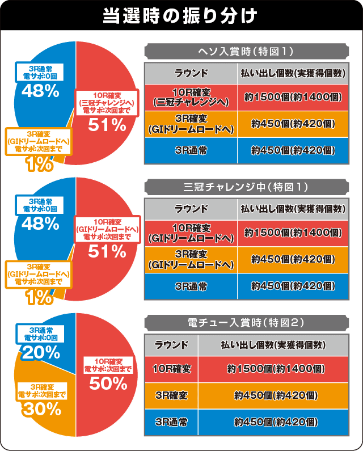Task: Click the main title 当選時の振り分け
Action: pyautogui.click(x=181, y=15)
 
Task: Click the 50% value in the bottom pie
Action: pyautogui.click(x=107, y=383)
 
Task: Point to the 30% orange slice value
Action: pyautogui.click(x=41, y=408)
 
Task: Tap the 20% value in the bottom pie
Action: pyautogui.click(x=41, y=352)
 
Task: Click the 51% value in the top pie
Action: pyautogui.click(x=107, y=125)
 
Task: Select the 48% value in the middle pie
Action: pyautogui.click(x=41, y=224)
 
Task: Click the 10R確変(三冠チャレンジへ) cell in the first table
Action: pyautogui.click(x=191, y=97)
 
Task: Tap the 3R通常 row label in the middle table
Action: pyautogui.click(x=191, y=286)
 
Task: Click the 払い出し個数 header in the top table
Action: pyautogui.click(x=293, y=73)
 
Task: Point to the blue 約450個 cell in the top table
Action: pyautogui.click(x=293, y=150)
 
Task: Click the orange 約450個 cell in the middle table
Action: pyautogui.click(x=293, y=259)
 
